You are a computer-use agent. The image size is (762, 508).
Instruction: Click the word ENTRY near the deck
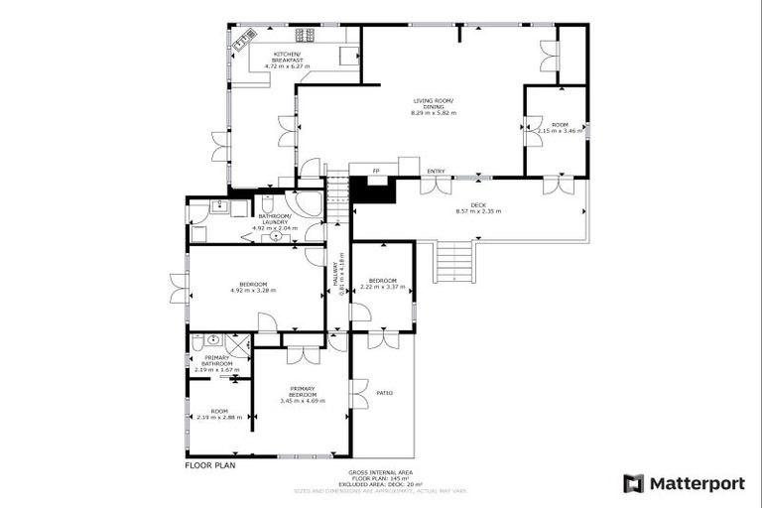coord(436,172)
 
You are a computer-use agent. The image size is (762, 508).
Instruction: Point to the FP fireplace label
coord(377,172)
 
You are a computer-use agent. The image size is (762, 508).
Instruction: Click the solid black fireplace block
coord(375,190)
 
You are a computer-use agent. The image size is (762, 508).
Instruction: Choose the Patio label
coord(385,393)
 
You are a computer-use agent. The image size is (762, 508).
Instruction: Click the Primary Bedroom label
coord(303,391)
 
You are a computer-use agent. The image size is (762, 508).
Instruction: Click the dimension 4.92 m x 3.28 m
coord(252,290)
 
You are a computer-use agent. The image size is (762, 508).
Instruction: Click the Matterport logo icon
coord(633,483)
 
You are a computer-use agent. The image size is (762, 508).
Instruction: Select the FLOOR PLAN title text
coord(212,464)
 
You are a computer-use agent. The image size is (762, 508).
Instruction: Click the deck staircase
coord(452,262)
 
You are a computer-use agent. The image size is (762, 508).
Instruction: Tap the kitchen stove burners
coord(304,35)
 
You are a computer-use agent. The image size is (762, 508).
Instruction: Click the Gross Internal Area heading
coord(380,472)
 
